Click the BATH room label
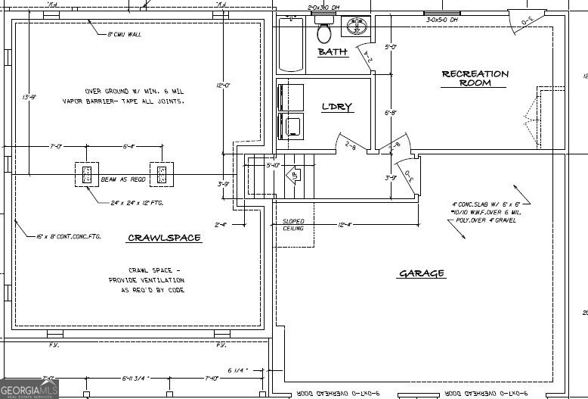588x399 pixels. click(x=333, y=52)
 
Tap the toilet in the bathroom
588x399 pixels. click(x=325, y=32)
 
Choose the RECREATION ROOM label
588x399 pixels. click(x=475, y=78)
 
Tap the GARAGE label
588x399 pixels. click(x=422, y=273)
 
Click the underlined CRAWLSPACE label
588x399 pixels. click(x=164, y=238)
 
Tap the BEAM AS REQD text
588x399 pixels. click(x=122, y=180)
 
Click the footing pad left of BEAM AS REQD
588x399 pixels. click(x=86, y=175)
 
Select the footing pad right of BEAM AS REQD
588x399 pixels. click(x=161, y=175)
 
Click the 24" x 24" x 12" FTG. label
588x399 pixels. click(x=137, y=203)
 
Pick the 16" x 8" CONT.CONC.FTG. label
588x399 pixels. click(x=69, y=237)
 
